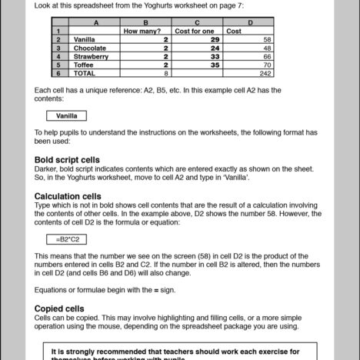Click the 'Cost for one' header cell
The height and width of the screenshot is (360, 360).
tap(198, 31)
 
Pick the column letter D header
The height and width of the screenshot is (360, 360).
tap(249, 23)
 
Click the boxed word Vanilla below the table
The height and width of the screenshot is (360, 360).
tap(67, 116)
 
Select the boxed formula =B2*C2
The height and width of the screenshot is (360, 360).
tap(67, 239)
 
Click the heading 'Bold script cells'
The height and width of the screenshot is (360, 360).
tap(67, 159)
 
